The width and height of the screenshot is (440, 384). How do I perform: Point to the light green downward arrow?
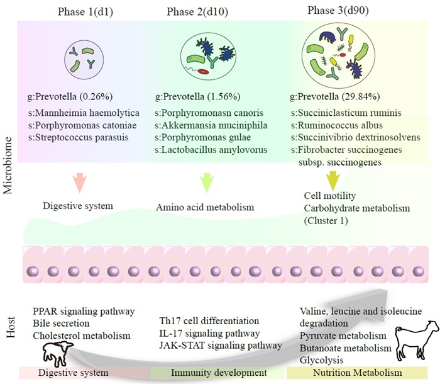coord(207,183)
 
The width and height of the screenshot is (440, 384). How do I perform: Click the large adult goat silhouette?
coord(412,347)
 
